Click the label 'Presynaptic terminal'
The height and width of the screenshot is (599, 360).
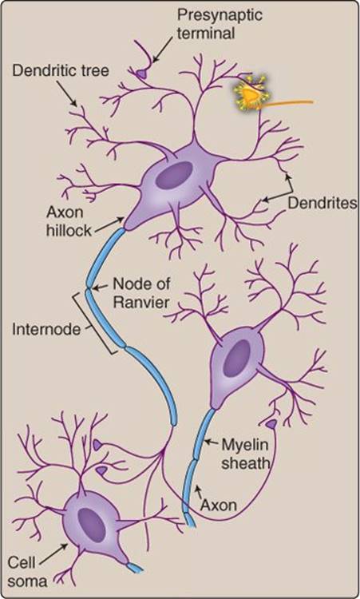(220, 25)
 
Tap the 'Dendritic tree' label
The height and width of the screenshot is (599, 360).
(61, 70)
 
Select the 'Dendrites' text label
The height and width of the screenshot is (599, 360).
(322, 203)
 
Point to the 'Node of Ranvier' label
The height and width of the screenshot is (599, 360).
(141, 293)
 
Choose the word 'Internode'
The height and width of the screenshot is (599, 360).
(46, 329)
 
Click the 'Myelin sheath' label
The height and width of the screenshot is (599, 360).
(246, 454)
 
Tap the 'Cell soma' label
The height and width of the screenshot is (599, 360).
(27, 572)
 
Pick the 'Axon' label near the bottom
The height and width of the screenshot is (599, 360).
(219, 505)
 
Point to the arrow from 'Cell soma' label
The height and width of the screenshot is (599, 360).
(54, 553)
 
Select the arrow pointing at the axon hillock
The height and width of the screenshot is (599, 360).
(109, 224)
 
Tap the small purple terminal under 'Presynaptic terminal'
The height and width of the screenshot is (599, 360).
(140, 73)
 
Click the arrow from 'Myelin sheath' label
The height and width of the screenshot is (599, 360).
(212, 442)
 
